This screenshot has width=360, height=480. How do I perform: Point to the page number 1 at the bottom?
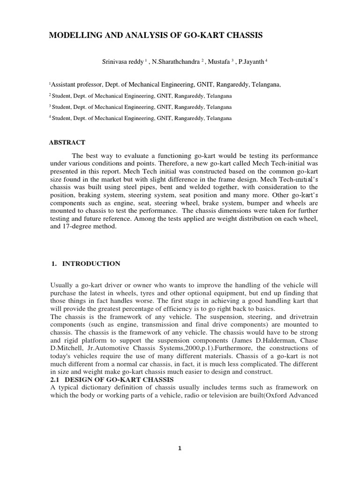[x=180, y=448]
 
